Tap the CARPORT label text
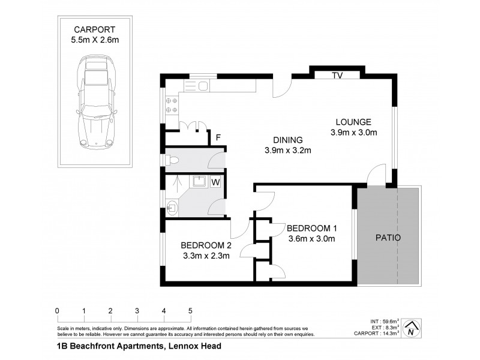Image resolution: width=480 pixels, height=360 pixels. tap(95, 29)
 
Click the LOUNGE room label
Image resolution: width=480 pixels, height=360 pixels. tap(354, 121)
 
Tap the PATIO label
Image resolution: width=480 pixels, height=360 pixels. tap(388, 238)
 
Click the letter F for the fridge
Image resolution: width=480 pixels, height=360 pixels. tap(219, 137)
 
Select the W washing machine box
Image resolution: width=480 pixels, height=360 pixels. tap(215, 182)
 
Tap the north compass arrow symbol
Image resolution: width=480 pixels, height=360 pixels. tap(410, 328)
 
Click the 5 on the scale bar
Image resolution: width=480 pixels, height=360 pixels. tap(190, 311)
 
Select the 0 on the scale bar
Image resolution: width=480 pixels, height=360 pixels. tap(57, 311)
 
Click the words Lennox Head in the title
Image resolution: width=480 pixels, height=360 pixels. tap(193, 346)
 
